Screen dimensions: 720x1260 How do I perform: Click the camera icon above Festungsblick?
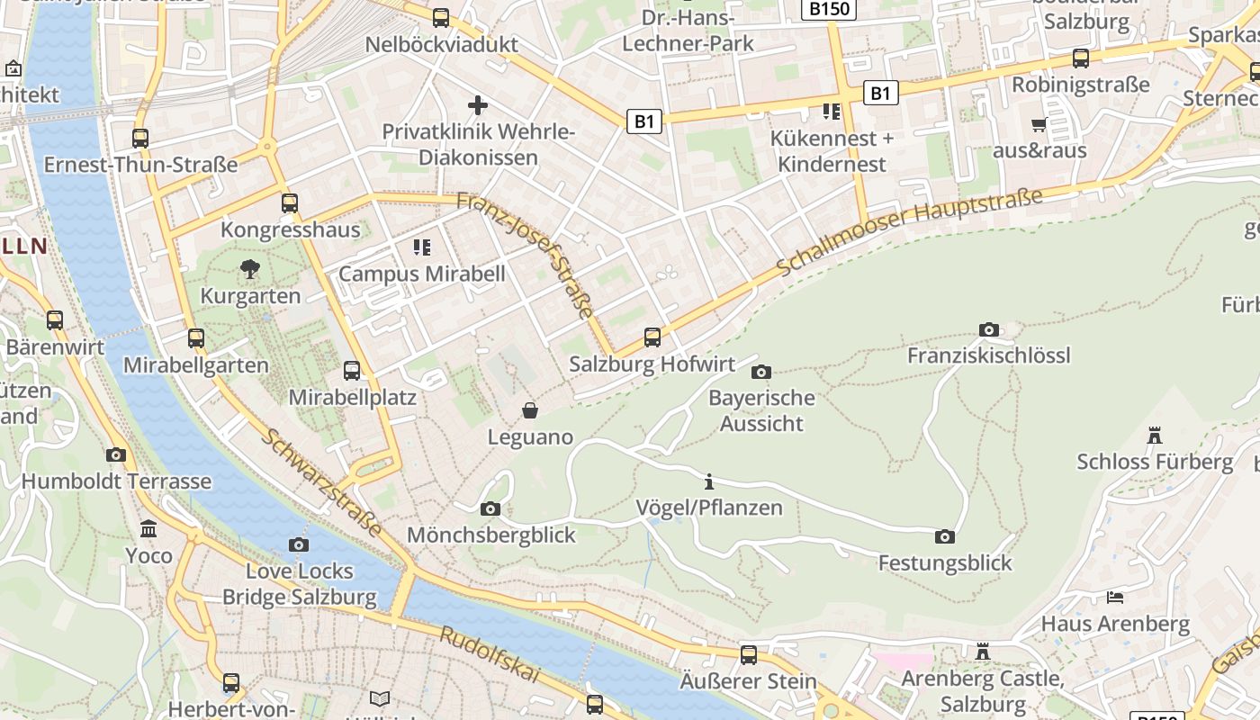pyautogui.click(x=944, y=537)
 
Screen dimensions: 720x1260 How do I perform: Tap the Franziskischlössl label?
pyautogui.click(x=988, y=355)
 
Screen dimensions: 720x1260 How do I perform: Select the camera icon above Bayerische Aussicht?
pyautogui.click(x=760, y=372)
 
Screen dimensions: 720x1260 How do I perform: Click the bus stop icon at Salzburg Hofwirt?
pyautogui.click(x=652, y=337)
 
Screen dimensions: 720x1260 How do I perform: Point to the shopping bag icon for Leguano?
pyautogui.click(x=530, y=411)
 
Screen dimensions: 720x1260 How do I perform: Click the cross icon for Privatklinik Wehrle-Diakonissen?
pyautogui.click(x=478, y=105)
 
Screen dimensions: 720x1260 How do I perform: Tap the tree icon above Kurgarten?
pyautogui.click(x=249, y=268)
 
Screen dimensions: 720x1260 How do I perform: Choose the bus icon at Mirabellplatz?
pyautogui.click(x=352, y=370)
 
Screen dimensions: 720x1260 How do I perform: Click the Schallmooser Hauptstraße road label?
pyautogui.click(x=909, y=232)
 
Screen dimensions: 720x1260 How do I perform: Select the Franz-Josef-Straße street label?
pyautogui.click(x=526, y=256)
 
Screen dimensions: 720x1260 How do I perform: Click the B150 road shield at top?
pyautogui.click(x=827, y=9)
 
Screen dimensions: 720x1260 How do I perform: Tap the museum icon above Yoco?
pyautogui.click(x=148, y=528)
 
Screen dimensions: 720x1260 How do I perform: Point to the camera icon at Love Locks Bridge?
pyautogui.click(x=299, y=544)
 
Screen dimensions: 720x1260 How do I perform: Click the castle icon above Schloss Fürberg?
pyautogui.click(x=1155, y=436)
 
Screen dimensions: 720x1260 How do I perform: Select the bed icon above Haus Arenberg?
pyautogui.click(x=1115, y=597)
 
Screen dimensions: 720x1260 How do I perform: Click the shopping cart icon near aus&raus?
pyautogui.click(x=1039, y=124)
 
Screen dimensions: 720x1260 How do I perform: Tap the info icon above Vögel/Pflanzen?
pyautogui.click(x=709, y=481)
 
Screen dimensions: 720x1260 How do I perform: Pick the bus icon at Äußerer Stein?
pyautogui.click(x=749, y=654)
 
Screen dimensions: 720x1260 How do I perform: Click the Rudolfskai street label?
pyautogui.click(x=490, y=655)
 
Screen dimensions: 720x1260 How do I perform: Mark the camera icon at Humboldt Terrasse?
pyautogui.click(x=116, y=454)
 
